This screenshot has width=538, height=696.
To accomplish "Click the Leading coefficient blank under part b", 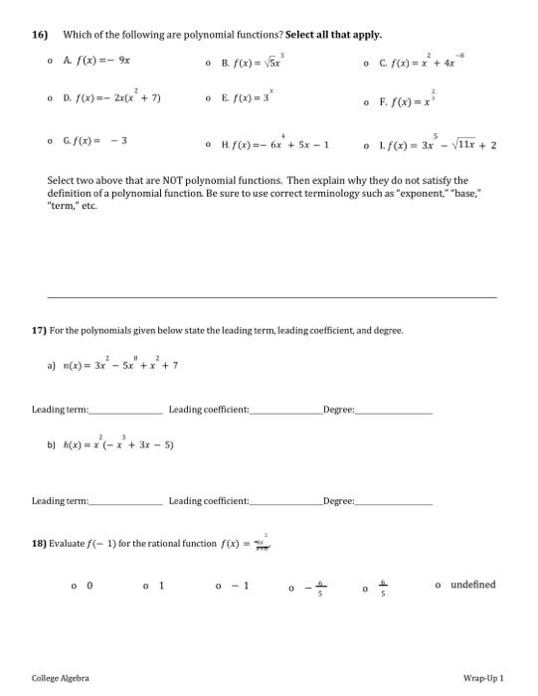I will click(279, 501).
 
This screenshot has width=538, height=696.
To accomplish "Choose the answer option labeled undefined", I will click(471, 586).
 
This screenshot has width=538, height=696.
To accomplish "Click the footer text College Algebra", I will click(60, 678).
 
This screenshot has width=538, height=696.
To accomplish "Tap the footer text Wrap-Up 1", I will click(485, 678).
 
